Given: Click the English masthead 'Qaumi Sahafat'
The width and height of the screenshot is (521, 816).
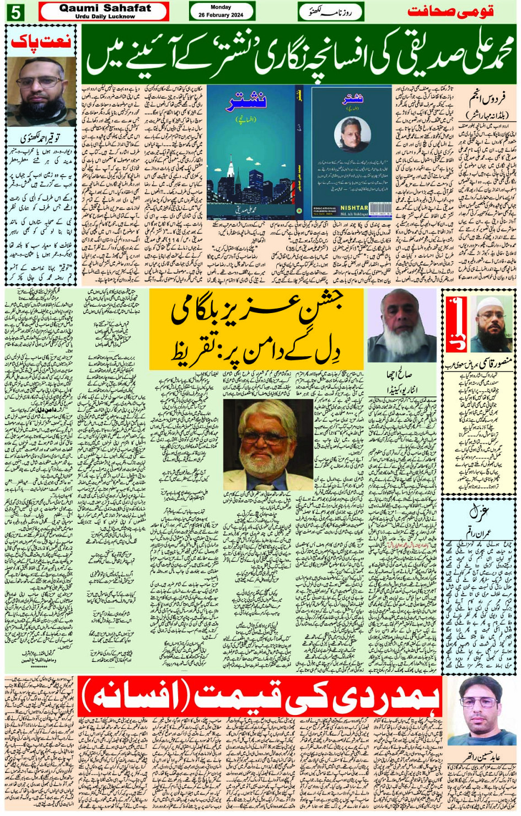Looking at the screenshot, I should click(x=104, y=8).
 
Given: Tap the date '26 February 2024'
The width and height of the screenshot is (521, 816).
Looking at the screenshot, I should click(x=221, y=15).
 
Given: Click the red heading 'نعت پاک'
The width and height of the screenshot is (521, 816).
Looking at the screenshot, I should click(x=41, y=41).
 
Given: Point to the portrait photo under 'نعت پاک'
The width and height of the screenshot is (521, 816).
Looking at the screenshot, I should click(x=41, y=91).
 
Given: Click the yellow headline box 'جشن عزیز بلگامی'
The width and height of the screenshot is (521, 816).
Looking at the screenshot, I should click(x=256, y=328).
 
